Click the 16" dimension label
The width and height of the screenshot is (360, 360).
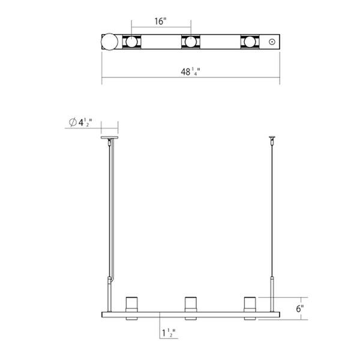pyautogui.click(x=160, y=22)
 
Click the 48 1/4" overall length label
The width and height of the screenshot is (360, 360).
pyautogui.click(x=190, y=73)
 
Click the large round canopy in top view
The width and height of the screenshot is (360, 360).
pyautogui.click(x=109, y=43)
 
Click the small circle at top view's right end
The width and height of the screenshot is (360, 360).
pyautogui.click(x=273, y=42)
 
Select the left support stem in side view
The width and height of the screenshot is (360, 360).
pyautogui.click(x=110, y=210)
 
